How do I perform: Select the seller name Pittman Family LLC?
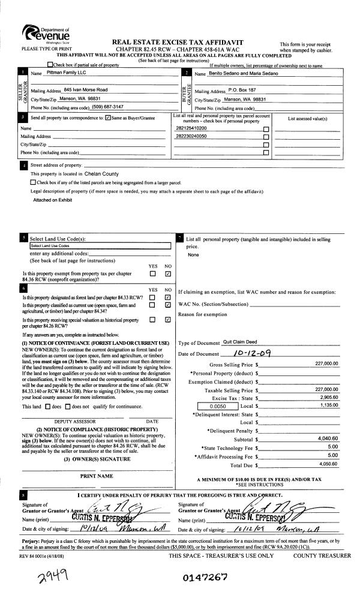[x=67, y=73]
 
